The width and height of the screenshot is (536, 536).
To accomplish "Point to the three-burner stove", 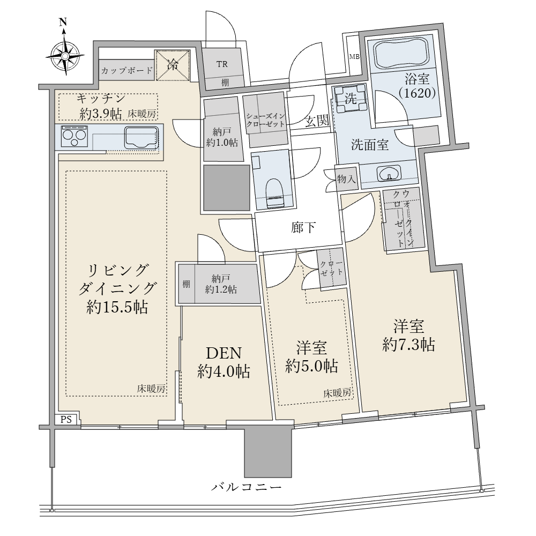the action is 75,136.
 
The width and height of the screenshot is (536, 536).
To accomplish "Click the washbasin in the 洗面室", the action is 389,173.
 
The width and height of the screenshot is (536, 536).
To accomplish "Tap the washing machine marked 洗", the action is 351,99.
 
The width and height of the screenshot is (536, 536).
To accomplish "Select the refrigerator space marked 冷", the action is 172,65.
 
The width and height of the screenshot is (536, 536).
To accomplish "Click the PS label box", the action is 66,420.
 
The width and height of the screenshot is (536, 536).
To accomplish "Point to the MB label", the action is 354,57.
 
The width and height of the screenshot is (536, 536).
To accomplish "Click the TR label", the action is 222,64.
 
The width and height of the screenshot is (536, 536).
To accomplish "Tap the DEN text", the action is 224,353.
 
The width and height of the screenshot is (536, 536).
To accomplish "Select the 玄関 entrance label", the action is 317,121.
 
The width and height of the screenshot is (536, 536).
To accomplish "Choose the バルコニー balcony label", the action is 246,487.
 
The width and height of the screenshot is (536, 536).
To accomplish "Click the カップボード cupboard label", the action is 127,71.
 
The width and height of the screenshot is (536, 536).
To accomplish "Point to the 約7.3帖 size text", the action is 408,345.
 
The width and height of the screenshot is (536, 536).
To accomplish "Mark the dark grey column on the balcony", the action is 268,451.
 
